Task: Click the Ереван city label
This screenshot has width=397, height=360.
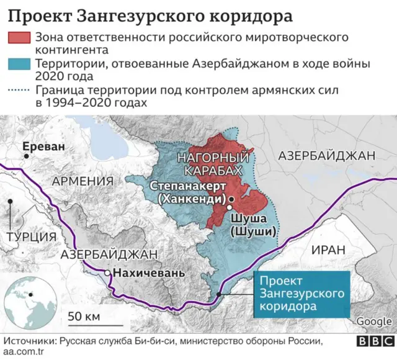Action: (43, 147)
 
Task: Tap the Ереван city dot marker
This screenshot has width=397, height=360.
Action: (25, 157)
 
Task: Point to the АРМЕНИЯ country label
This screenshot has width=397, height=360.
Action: (83, 181)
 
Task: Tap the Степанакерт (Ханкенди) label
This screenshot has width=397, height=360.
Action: (189, 192)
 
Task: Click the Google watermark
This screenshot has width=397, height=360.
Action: (373, 321)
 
